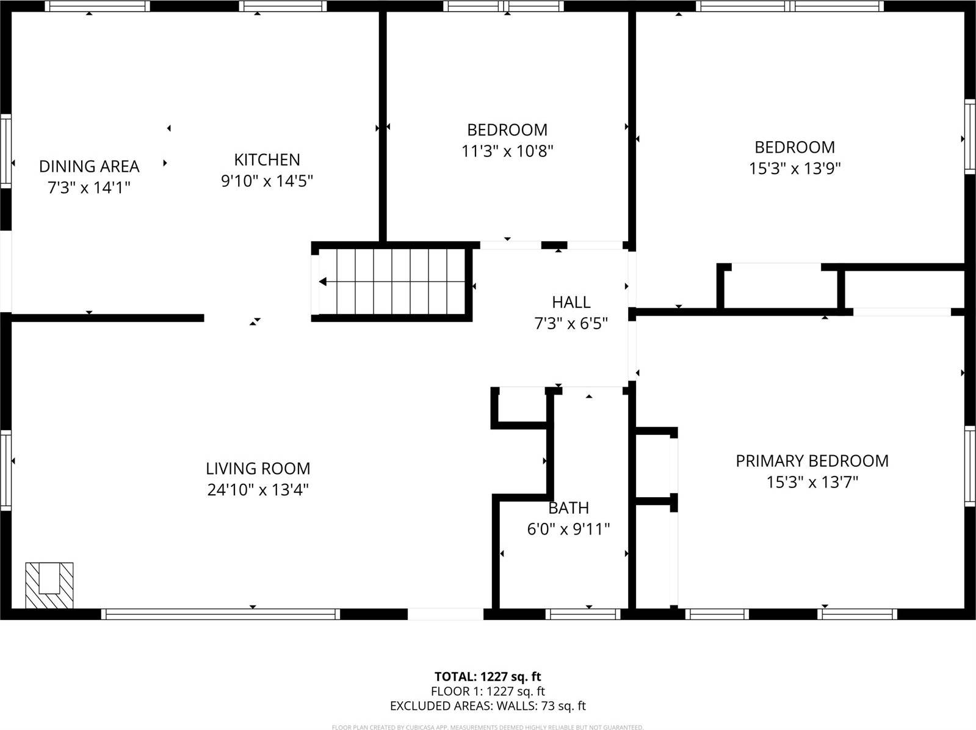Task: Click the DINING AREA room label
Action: [89, 166]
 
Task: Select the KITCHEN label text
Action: [267, 159]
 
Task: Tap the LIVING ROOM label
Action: [258, 469]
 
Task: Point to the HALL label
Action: [571, 302]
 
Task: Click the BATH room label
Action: [568, 508]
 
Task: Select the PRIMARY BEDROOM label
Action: [812, 461]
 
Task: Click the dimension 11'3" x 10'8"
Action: [507, 151]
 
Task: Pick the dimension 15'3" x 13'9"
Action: [795, 168]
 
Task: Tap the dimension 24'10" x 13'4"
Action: [258, 490]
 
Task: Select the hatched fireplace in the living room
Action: [49, 585]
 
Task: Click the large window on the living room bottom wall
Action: [220, 614]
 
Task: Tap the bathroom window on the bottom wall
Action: [583, 614]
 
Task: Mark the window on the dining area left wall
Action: [5, 150]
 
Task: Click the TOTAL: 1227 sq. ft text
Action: [487, 676]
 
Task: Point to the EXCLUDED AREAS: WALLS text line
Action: [487, 706]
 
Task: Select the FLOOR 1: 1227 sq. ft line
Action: [487, 692]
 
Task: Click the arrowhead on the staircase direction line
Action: [323, 282]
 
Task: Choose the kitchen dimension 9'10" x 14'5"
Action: [267, 181]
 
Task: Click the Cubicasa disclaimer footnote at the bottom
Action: [487, 727]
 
